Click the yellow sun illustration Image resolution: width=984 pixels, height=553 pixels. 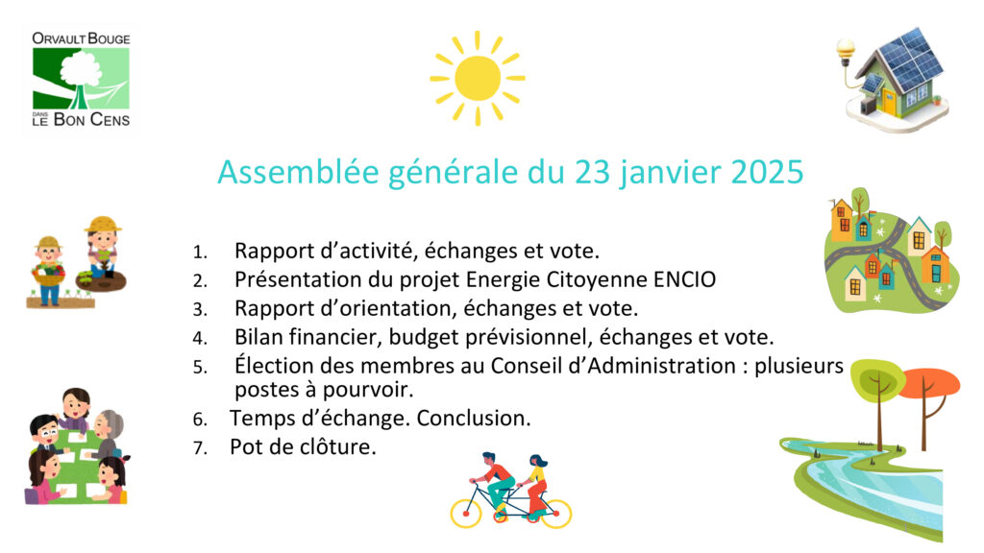pyautogui.click(x=478, y=79)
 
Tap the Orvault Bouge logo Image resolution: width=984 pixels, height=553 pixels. pyautogui.click(x=81, y=79)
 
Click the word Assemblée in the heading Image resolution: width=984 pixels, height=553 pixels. pyautogui.click(x=298, y=172)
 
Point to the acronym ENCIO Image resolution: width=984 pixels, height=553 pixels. pyautogui.click(x=684, y=279)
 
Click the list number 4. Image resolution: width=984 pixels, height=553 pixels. pyautogui.click(x=200, y=338)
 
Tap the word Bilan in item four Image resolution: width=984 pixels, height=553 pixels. pyautogui.click(x=258, y=337)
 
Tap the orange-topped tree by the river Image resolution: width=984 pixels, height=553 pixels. pyautogui.click(x=929, y=401)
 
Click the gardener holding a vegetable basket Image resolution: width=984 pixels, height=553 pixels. pyautogui.click(x=49, y=271)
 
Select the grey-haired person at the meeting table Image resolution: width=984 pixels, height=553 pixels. pyautogui.click(x=108, y=433)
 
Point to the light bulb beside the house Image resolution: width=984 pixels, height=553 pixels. pyautogui.click(x=846, y=50)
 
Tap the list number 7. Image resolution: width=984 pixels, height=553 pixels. pyautogui.click(x=200, y=447)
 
